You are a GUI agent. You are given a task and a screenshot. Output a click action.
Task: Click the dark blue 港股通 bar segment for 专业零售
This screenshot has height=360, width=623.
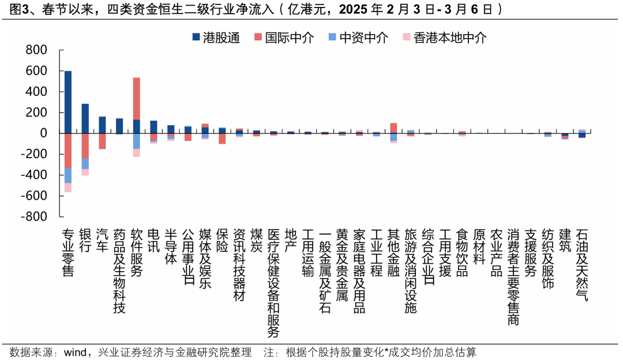tap(68, 102)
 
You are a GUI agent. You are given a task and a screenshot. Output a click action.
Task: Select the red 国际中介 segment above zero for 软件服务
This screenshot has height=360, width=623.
tap(136, 99)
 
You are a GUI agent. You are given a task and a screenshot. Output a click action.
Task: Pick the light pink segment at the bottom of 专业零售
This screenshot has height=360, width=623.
tap(68, 187)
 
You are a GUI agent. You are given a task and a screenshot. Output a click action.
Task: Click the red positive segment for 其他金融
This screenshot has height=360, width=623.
tap(393, 128)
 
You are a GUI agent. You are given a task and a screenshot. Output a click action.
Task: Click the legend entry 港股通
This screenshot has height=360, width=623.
tap(216, 37)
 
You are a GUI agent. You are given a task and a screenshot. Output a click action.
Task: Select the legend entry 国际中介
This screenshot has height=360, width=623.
tap(283, 37)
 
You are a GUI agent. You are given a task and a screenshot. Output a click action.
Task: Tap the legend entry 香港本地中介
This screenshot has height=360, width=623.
tap(444, 37)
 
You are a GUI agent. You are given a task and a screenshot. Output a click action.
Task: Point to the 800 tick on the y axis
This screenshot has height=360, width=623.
tap(36, 50)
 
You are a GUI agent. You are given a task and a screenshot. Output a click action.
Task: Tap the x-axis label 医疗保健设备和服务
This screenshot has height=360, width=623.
tap(273, 283)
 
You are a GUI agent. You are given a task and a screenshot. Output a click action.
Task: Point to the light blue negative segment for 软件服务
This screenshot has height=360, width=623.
tap(136, 141)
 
